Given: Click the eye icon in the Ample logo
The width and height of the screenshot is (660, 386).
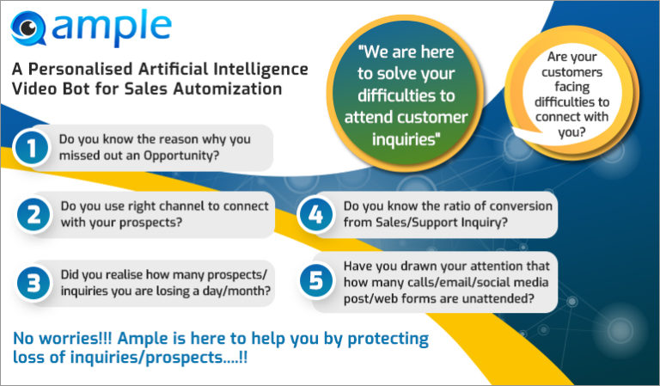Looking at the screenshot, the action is (27, 28).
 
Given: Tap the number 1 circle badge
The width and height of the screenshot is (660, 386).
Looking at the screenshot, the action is (32, 148).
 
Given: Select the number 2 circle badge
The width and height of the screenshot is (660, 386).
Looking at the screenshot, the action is (34, 214).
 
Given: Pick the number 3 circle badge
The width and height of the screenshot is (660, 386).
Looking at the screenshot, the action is (34, 283).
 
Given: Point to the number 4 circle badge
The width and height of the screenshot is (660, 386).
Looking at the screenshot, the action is (315, 215).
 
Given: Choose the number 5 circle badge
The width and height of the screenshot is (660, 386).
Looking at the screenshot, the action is (315, 281).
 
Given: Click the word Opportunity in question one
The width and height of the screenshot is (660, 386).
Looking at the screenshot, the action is (181, 156).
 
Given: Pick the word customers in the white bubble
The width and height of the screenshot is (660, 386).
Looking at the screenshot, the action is (571, 72).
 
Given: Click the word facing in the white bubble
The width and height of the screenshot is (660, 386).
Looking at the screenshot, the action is (571, 88).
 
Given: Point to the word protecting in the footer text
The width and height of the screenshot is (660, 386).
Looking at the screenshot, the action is (388, 339).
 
